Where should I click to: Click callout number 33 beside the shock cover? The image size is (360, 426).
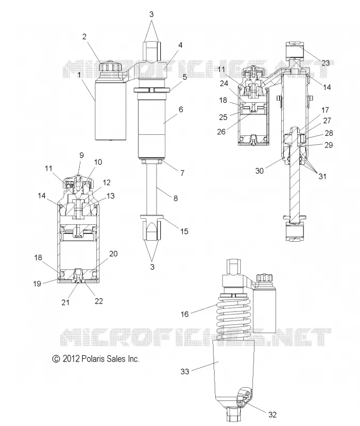click(x=185, y=371)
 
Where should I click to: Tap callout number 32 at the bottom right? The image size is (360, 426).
click(x=272, y=414)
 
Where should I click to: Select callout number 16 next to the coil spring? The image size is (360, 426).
click(x=184, y=314)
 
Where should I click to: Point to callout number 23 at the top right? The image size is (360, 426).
click(x=325, y=63)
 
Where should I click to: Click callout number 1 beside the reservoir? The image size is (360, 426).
click(x=79, y=75)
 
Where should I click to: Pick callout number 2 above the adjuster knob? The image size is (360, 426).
click(x=84, y=37)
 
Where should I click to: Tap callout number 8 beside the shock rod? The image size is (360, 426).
click(x=176, y=198)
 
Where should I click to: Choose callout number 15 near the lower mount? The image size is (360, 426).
click(x=184, y=231)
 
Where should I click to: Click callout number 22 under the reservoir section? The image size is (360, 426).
click(x=99, y=301)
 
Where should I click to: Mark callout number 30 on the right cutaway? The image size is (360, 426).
click(x=259, y=170)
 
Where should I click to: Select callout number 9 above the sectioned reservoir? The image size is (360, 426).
click(x=81, y=155)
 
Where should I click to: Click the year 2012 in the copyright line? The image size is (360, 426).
click(x=71, y=358)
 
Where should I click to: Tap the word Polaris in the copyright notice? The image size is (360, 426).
click(x=93, y=358)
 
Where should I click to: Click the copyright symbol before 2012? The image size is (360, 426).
click(x=56, y=359)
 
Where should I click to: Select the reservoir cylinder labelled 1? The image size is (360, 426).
click(x=111, y=111)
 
